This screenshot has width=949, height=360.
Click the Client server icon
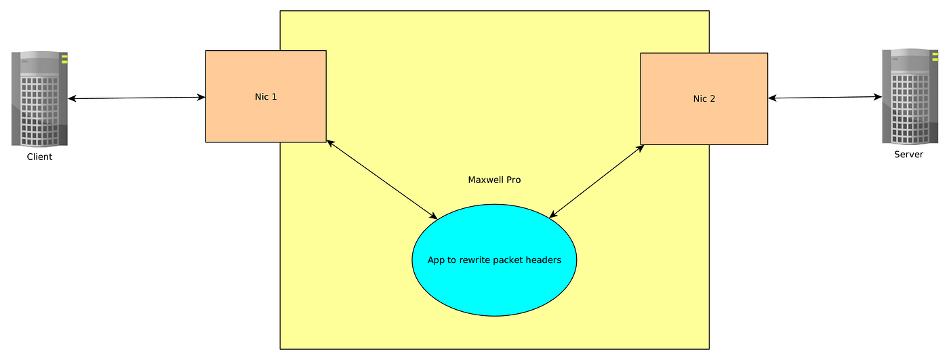tap(39, 99)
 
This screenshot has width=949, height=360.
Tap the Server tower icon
tap(910, 96)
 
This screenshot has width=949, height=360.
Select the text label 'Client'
tap(39, 157)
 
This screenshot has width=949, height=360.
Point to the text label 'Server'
tap(908, 155)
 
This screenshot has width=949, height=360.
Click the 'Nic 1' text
tap(266, 97)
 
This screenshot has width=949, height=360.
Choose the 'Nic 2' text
tap(704, 99)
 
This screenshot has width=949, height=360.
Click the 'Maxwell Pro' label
tap(494, 180)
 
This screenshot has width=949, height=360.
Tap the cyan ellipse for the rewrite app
tap(494, 260)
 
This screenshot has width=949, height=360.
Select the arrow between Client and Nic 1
tap(136, 98)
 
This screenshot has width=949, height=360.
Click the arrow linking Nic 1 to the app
tap(382, 180)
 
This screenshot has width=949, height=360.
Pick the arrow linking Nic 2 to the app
tap(597, 181)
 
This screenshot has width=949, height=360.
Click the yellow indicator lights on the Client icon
tap(64, 59)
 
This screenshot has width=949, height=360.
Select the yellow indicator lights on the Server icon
tap(935, 57)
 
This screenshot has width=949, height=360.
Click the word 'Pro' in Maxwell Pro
tap(514, 180)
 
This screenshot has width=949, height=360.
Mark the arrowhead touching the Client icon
tap(72, 99)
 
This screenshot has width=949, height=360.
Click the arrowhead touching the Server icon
tap(879, 97)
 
